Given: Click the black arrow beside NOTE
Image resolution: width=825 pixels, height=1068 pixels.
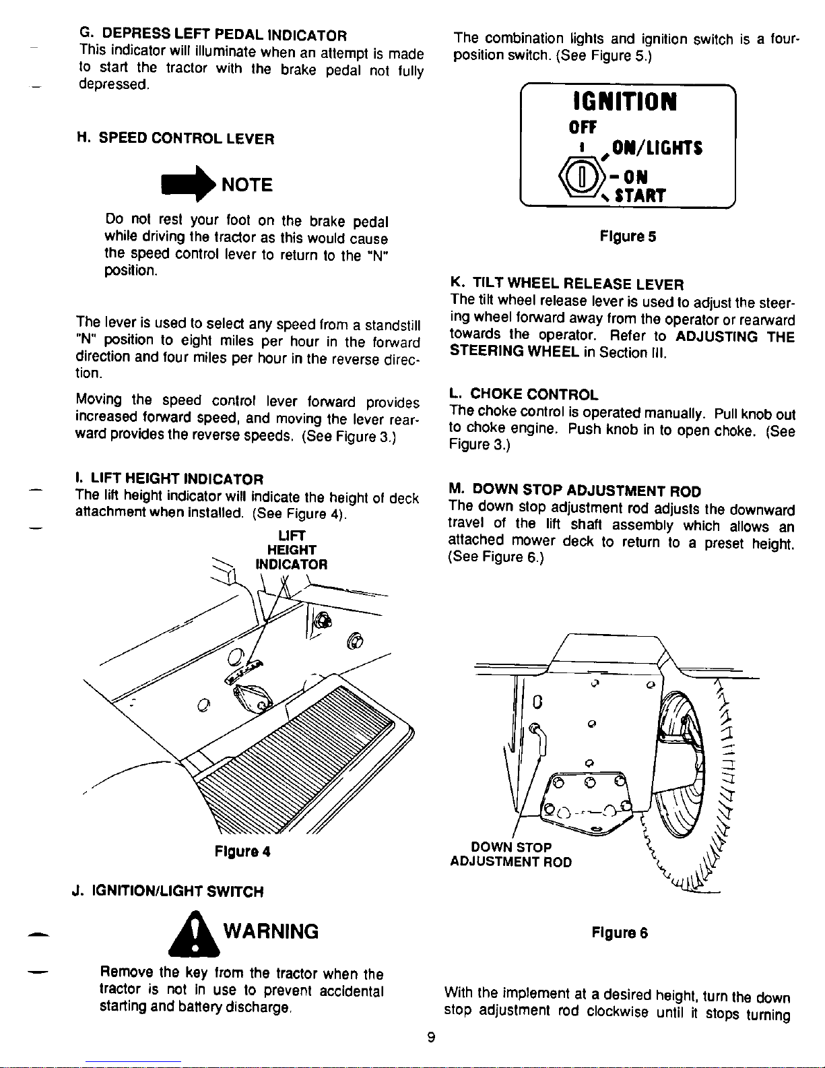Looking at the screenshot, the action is pyautogui.click(x=189, y=184).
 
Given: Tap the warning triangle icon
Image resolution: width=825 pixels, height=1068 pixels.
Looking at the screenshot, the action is pyautogui.click(x=195, y=935).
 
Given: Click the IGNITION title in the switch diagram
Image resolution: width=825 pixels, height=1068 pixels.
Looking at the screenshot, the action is pyautogui.click(x=625, y=102).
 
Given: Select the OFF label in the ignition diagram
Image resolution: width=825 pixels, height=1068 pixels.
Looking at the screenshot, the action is pyautogui.click(x=583, y=128).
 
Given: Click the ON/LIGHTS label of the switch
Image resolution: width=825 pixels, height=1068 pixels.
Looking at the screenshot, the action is pyautogui.click(x=657, y=148).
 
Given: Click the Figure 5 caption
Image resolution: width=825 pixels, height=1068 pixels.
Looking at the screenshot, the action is pyautogui.click(x=628, y=237).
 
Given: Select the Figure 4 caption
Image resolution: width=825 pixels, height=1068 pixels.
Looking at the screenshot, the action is pyautogui.click(x=242, y=852).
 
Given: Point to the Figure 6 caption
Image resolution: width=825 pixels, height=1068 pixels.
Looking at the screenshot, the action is pyautogui.click(x=620, y=933).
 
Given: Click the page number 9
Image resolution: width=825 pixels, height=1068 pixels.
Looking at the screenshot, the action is pyautogui.click(x=431, y=1038).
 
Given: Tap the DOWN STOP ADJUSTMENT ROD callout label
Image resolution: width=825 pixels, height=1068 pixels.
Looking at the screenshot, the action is pyautogui.click(x=510, y=854).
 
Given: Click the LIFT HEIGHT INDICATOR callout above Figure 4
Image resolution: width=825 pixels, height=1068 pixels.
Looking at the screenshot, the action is pyautogui.click(x=291, y=550).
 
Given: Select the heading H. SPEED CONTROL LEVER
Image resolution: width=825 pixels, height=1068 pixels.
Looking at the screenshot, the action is pyautogui.click(x=175, y=139).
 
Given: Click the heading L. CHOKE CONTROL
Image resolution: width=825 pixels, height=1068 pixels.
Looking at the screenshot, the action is pyautogui.click(x=523, y=394).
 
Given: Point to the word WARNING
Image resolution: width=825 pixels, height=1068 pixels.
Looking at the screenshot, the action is pyautogui.click(x=271, y=931).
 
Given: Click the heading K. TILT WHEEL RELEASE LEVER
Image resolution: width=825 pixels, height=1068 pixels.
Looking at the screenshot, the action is pyautogui.click(x=567, y=284).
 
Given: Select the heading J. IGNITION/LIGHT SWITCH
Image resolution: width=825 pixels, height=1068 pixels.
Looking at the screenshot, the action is pyautogui.click(x=168, y=891).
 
